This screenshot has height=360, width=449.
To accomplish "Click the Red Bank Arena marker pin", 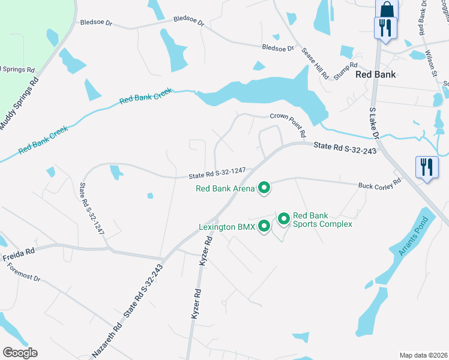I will tap(264, 189).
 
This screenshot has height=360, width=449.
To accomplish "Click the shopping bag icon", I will tap(387, 8).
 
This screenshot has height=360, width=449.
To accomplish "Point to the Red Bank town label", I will tap(375, 74).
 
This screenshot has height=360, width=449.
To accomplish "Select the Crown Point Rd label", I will tap(288, 121).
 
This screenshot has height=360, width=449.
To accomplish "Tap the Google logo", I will tap(20, 353).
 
